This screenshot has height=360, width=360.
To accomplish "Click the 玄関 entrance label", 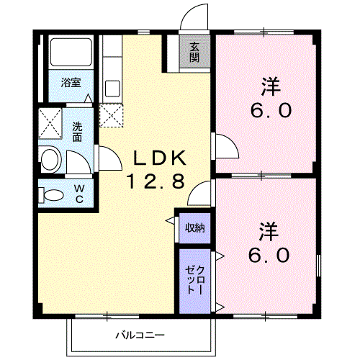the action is tap(194, 53).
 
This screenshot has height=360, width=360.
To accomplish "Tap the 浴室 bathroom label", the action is tap(71, 83).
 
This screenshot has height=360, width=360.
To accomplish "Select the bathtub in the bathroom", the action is tap(71, 52).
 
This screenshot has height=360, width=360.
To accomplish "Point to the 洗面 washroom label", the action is tap(77, 132).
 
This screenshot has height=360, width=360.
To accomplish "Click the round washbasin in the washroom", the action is tap(50, 159).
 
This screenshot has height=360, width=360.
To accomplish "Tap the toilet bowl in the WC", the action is tap(54, 195).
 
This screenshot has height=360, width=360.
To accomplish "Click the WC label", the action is tap(79, 194).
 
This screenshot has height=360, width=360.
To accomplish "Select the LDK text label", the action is tap(160, 158).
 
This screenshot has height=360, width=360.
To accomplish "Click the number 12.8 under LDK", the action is tap(156, 181).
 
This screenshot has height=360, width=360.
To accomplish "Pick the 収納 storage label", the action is tap(195, 228).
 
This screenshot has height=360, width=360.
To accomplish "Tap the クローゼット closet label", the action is tap(195, 280).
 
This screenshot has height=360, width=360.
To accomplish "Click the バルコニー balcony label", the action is tap(140, 335).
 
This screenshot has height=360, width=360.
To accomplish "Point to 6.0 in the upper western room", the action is tap(271, 111).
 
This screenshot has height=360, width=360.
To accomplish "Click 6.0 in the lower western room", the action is tap(269, 255).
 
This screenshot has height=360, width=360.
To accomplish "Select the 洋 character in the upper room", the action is tap(271, 86).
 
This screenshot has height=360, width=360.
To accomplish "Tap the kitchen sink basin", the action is tap(112, 89).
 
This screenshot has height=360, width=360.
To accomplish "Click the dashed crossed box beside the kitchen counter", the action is tap(111, 115).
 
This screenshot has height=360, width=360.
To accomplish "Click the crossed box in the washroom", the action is tap(50, 123).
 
